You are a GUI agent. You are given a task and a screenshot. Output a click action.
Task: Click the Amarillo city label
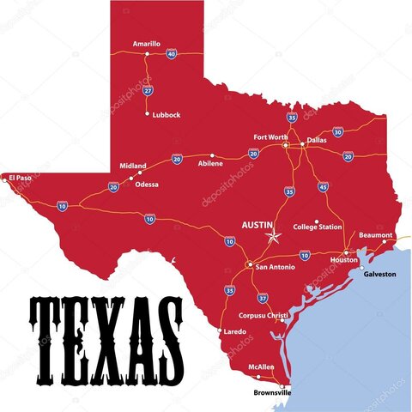(147, 44)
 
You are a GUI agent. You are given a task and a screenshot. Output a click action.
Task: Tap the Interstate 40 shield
(172, 54)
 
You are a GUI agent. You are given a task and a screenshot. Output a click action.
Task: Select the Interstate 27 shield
(148, 90)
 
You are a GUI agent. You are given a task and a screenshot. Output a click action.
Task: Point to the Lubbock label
(167, 114)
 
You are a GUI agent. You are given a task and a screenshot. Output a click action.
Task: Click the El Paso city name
(21, 178)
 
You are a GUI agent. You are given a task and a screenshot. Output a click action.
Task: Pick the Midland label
(132, 166)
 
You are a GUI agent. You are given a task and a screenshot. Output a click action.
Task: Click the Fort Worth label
(271, 136)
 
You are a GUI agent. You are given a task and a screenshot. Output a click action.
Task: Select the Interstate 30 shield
(337, 132)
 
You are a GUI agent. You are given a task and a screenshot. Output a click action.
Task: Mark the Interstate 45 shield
(323, 186)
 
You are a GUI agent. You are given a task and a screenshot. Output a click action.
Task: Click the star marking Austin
(274, 236)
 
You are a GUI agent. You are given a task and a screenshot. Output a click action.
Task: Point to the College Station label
(318, 227)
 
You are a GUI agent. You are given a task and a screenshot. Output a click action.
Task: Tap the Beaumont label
(376, 234)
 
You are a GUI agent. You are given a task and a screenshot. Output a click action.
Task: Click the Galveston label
(380, 274)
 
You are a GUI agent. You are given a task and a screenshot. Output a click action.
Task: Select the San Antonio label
(276, 267)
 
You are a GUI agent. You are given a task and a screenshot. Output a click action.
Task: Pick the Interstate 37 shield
(263, 298)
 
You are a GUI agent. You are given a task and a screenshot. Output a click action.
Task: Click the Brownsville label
(273, 392)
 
